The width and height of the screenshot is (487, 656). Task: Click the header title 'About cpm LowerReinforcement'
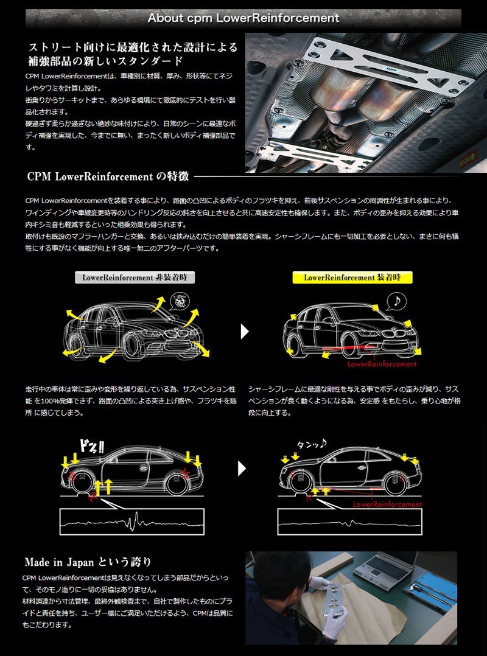(x=243, y=18)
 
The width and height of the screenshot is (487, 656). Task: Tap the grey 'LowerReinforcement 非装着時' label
(x=135, y=277)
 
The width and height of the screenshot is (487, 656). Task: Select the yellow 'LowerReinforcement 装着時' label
(x=352, y=277)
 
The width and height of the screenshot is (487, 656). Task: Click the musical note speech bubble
(x=397, y=301)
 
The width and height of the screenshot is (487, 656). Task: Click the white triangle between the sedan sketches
(x=244, y=332)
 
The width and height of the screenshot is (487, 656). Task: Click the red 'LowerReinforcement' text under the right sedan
(x=382, y=364)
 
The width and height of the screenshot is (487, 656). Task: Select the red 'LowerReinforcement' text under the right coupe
(x=387, y=504)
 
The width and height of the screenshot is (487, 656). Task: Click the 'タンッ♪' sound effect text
(x=312, y=445)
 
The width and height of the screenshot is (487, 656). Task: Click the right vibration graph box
(x=349, y=522)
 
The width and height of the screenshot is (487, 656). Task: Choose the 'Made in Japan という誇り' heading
(x=88, y=562)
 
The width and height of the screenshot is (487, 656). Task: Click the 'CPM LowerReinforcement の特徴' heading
(x=108, y=177)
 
